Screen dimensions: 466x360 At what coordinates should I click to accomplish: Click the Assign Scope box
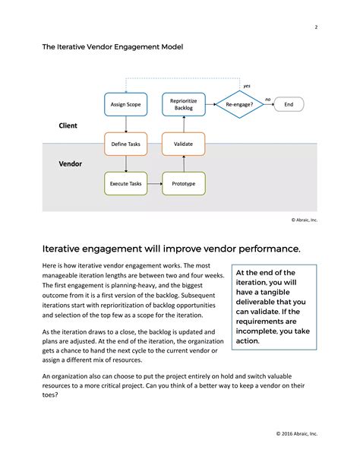click(x=125, y=103)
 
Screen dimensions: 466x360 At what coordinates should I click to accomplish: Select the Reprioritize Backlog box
click(x=184, y=103)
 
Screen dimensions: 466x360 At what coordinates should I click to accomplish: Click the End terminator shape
click(x=288, y=103)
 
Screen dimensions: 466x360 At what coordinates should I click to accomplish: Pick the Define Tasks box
click(x=125, y=144)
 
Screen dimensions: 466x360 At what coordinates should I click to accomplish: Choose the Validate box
click(x=184, y=144)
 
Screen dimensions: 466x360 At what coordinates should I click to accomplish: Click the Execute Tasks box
click(x=125, y=183)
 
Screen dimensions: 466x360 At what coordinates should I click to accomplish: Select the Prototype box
click(x=184, y=183)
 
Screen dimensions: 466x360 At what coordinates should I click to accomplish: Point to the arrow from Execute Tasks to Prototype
click(x=155, y=183)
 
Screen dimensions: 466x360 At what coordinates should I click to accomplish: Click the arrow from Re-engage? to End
click(x=267, y=103)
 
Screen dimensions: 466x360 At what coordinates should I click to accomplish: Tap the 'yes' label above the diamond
click(x=247, y=86)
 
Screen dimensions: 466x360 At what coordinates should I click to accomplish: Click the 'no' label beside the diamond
click(x=267, y=99)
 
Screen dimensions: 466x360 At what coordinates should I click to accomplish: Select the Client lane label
click(x=68, y=125)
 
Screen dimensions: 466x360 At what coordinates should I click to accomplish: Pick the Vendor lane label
click(x=71, y=163)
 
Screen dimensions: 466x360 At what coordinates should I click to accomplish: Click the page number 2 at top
click(x=315, y=28)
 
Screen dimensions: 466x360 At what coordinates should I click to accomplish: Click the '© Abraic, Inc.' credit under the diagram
click(x=304, y=220)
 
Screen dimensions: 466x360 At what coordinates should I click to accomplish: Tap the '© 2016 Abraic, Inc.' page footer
click(x=297, y=433)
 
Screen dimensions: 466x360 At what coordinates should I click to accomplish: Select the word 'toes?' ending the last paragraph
click(x=55, y=395)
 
